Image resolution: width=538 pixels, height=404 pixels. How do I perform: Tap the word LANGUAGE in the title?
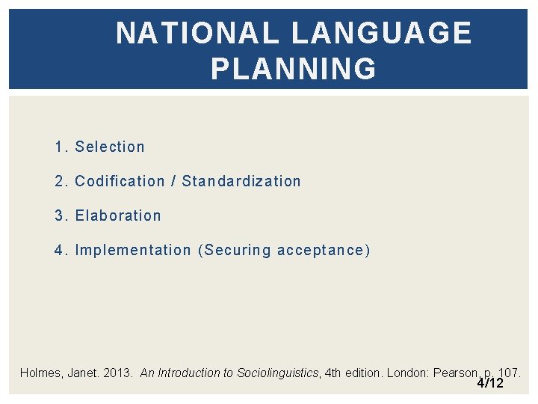coord(381,34)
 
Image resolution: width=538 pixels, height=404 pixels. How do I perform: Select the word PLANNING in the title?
coord(294,69)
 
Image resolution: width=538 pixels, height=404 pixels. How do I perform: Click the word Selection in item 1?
coord(110,147)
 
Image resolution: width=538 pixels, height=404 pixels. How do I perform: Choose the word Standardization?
coord(241,181)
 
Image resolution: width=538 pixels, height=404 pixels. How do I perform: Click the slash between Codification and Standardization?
coord(173,181)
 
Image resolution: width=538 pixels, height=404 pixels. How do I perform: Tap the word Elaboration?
coord(118,215)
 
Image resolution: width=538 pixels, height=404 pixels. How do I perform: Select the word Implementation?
coord(133,250)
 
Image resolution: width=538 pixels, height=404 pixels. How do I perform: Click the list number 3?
coord(60,215)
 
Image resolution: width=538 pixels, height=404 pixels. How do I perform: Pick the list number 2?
coord(60,181)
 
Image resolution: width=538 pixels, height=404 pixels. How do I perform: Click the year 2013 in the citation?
coord(118,373)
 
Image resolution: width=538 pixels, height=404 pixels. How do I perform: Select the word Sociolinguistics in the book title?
coord(277,373)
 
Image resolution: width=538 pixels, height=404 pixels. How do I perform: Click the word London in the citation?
coord(408,373)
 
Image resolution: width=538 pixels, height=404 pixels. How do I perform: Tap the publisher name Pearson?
coord(455,373)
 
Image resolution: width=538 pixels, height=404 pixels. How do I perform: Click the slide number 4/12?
coord(490,383)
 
